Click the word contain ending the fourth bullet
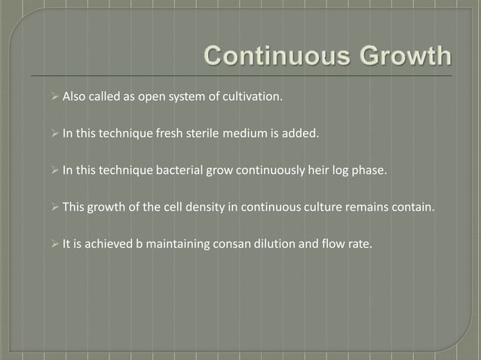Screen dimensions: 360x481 click(415, 207)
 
